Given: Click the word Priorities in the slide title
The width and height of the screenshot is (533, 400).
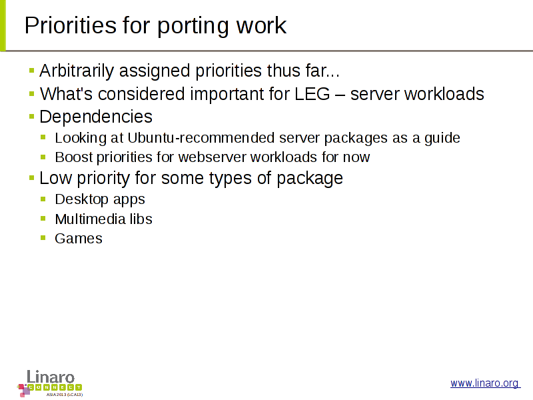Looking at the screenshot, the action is pyautogui.click(x=71, y=25).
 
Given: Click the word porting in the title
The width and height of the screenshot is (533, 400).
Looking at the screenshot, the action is pyautogui.click(x=193, y=26).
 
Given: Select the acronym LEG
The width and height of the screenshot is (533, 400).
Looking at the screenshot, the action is pyautogui.click(x=312, y=94).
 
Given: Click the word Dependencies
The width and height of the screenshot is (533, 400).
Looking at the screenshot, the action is pyautogui.click(x=96, y=117).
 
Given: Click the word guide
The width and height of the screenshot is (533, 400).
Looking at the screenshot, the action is pyautogui.click(x=442, y=139).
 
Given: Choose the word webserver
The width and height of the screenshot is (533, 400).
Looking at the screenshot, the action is pyautogui.click(x=212, y=157).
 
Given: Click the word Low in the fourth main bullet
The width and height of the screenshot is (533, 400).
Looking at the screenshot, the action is pyautogui.click(x=55, y=178).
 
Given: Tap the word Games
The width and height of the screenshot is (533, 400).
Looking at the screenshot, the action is pyautogui.click(x=79, y=239).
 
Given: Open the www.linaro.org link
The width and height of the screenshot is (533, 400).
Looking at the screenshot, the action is pyautogui.click(x=485, y=383).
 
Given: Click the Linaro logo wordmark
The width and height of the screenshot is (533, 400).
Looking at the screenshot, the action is pyautogui.click(x=51, y=377).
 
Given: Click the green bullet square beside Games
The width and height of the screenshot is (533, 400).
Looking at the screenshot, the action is pyautogui.click(x=43, y=238).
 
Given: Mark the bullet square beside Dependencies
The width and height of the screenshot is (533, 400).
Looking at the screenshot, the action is pyautogui.click(x=31, y=117).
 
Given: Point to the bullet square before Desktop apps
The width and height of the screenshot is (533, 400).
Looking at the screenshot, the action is pyautogui.click(x=43, y=199).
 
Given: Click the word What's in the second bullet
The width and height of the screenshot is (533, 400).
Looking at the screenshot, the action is pyautogui.click(x=66, y=94).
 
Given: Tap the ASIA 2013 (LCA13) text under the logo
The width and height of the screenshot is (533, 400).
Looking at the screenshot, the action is pyautogui.click(x=65, y=395).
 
